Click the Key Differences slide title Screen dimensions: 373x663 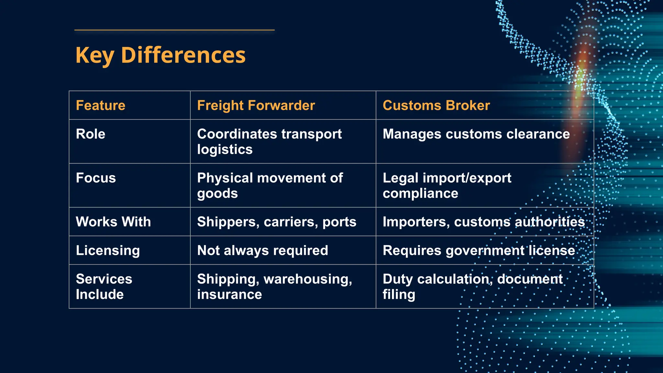click(x=160, y=55)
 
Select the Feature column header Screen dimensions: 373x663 click(x=100, y=106)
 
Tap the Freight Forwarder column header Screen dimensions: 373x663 click(x=256, y=106)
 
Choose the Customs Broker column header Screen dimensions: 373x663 click(x=436, y=106)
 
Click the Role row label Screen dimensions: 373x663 click(x=91, y=134)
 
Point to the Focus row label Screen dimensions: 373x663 click(x=96, y=178)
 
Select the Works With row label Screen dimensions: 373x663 click(x=113, y=222)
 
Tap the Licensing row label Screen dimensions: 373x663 click(x=108, y=251)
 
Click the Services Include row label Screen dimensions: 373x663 click(x=104, y=287)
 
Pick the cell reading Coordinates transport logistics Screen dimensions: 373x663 click(x=269, y=141)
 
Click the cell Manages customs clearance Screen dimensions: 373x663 click(x=476, y=134)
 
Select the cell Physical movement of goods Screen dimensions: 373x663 click(x=270, y=186)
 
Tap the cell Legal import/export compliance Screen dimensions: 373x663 click(x=447, y=186)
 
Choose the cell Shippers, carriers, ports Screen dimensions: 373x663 click(x=276, y=222)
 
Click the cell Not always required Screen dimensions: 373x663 click(x=263, y=251)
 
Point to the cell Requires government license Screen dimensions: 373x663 click(x=479, y=251)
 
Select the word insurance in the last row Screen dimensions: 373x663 click(x=230, y=295)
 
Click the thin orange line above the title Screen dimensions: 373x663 click(x=174, y=30)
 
